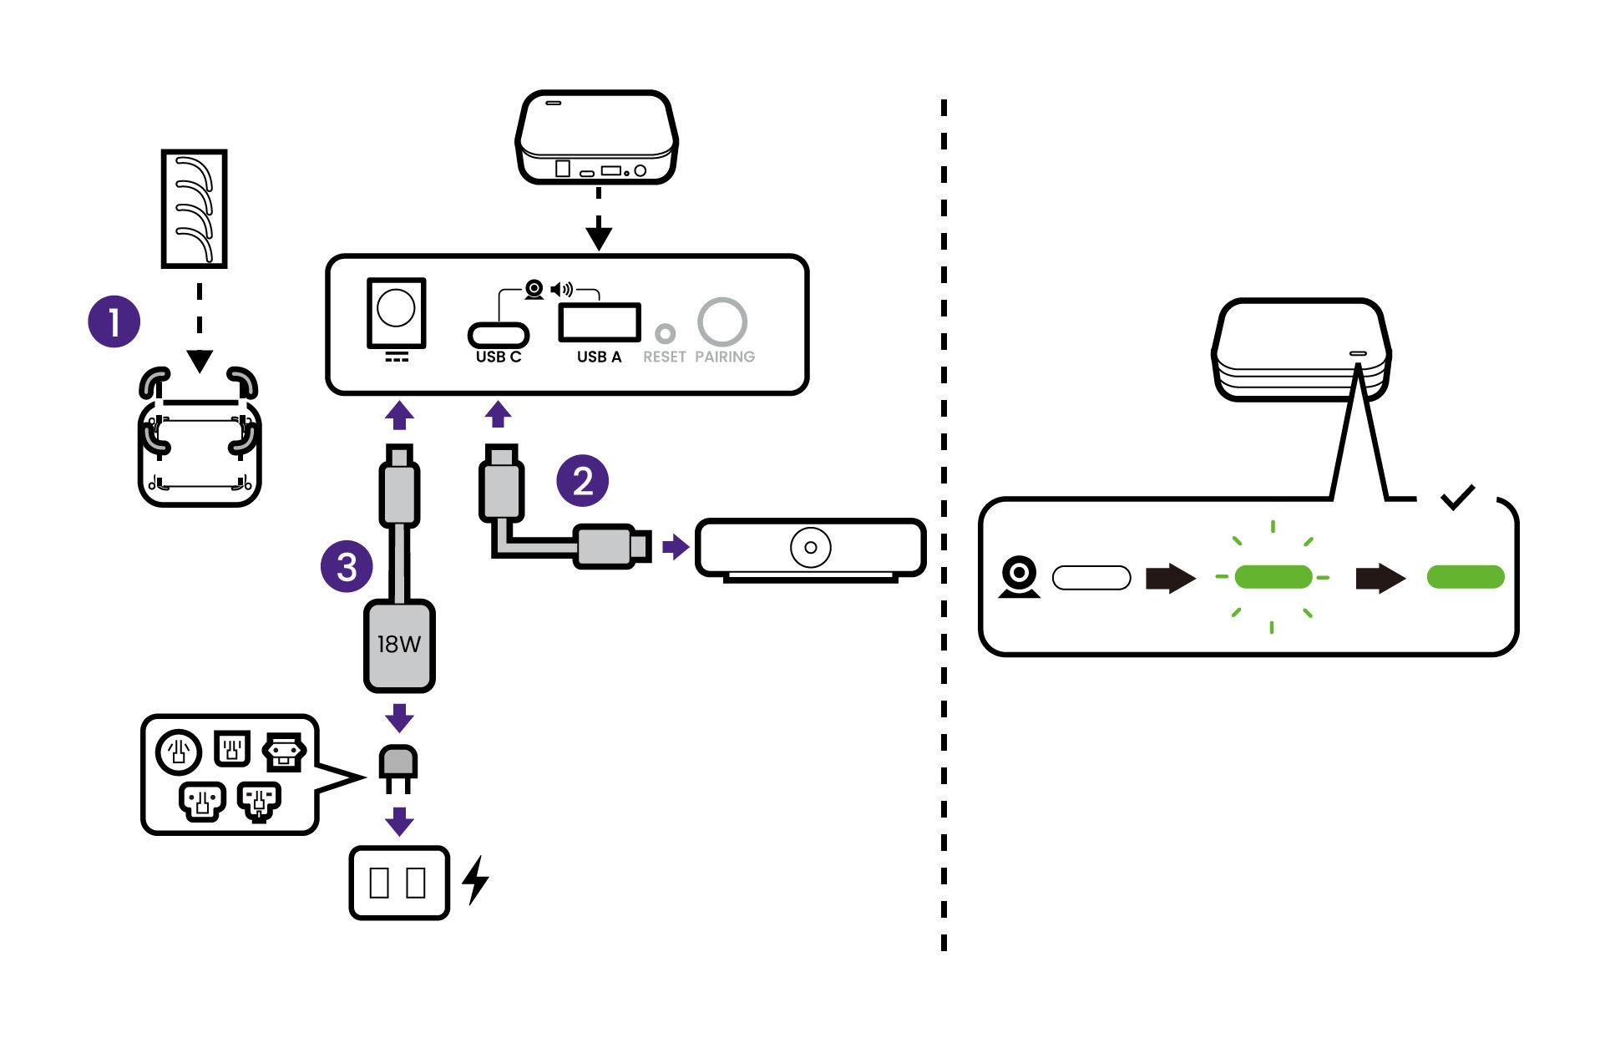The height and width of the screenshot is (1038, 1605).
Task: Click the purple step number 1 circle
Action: (x=114, y=321)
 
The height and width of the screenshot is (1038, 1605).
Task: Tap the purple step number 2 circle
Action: (x=582, y=480)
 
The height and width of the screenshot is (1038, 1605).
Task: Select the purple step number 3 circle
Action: (x=347, y=567)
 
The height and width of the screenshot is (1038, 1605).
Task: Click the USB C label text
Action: (x=499, y=357)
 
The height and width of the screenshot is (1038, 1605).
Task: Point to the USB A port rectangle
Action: (x=599, y=322)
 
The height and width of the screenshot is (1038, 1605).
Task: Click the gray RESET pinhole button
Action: (x=665, y=333)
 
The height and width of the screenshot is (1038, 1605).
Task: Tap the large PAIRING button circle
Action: (x=721, y=322)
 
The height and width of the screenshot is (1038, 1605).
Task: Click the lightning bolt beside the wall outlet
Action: (x=475, y=880)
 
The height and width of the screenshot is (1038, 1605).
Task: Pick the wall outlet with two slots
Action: (x=398, y=883)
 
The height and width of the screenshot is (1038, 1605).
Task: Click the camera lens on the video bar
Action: (x=810, y=548)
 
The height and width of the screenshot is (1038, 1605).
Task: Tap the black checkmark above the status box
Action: (x=1457, y=497)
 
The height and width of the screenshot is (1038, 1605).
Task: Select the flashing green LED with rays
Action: (x=1272, y=576)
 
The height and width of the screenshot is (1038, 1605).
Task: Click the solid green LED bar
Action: (x=1465, y=576)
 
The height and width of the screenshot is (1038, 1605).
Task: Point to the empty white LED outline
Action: (x=1091, y=578)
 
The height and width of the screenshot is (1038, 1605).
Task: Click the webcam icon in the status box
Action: (x=1020, y=577)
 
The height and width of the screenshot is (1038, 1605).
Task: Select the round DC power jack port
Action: (x=396, y=309)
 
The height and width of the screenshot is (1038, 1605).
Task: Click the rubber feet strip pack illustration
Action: (x=194, y=209)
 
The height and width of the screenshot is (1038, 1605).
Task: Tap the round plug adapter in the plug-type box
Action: (x=178, y=752)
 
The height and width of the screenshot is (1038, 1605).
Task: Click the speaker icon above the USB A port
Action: (x=562, y=290)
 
